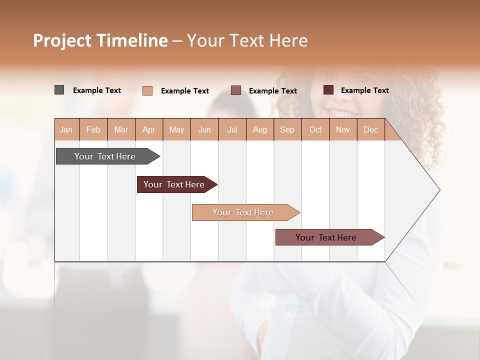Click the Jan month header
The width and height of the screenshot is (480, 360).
(66, 129)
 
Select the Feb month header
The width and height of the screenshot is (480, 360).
(93, 129)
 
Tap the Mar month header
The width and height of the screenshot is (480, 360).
(121, 129)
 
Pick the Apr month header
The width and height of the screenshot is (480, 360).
(149, 129)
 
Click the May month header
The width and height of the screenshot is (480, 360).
(176, 129)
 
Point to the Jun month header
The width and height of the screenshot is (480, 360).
(204, 129)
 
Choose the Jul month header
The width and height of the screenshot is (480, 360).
(232, 129)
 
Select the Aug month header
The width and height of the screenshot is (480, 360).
(260, 129)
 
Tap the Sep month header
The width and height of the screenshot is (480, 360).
(287, 129)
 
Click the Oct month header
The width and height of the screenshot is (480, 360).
(315, 129)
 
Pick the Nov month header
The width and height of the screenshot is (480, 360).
(343, 129)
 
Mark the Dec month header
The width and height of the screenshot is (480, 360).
(370, 129)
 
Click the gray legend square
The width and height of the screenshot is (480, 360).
(59, 90)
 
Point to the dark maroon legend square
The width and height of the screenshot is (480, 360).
(328, 90)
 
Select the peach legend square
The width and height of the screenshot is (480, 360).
(147, 90)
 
